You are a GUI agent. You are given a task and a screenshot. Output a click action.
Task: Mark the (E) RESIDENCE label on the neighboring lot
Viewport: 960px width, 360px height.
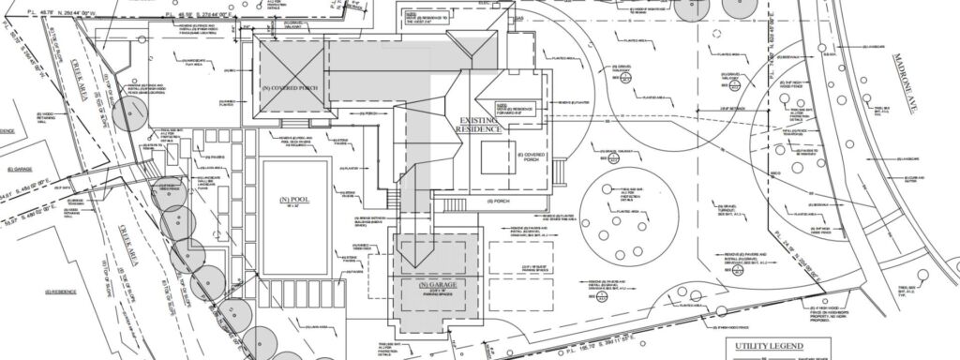58,292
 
